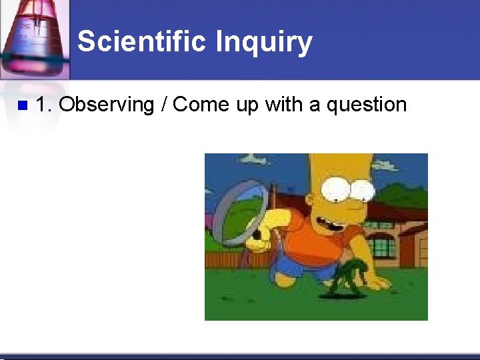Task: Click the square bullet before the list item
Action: click(x=21, y=105)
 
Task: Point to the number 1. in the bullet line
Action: click(x=44, y=105)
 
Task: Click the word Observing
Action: click(x=106, y=105)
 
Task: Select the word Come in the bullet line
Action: click(x=199, y=105)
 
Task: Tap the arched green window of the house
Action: click(x=381, y=244)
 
